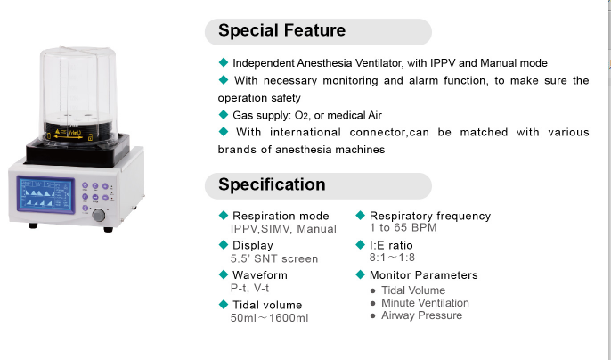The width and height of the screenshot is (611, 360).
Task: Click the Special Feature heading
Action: click(281, 31)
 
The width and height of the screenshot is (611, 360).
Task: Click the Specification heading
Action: click(272, 185)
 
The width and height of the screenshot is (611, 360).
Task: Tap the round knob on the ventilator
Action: click(98, 216)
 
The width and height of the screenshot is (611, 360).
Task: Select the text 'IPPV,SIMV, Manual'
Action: click(283, 229)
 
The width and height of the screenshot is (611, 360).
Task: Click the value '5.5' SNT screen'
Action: click(273, 258)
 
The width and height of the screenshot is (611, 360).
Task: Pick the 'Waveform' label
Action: click(260, 275)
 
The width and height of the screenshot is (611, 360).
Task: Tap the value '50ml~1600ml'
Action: click(269, 317)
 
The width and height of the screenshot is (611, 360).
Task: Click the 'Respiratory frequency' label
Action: click(430, 216)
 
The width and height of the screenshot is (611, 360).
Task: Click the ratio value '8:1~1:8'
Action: click(392, 258)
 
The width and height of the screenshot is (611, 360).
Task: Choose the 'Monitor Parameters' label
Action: click(423, 275)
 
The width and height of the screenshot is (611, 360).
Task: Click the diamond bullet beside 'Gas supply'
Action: click(223, 114)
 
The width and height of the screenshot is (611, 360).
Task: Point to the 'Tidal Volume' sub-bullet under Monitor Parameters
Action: click(412, 290)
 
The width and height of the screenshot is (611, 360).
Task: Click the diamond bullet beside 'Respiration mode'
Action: click(223, 216)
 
